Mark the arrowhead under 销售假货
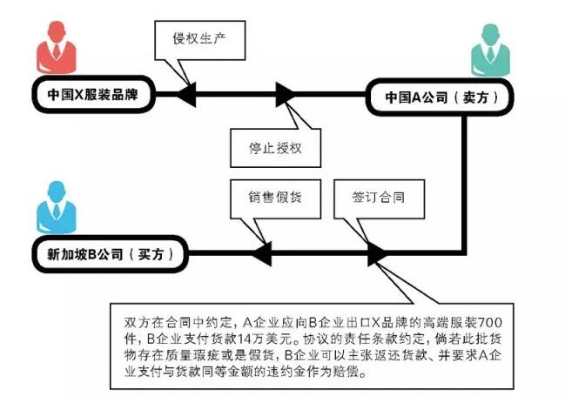(x=260, y=253)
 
